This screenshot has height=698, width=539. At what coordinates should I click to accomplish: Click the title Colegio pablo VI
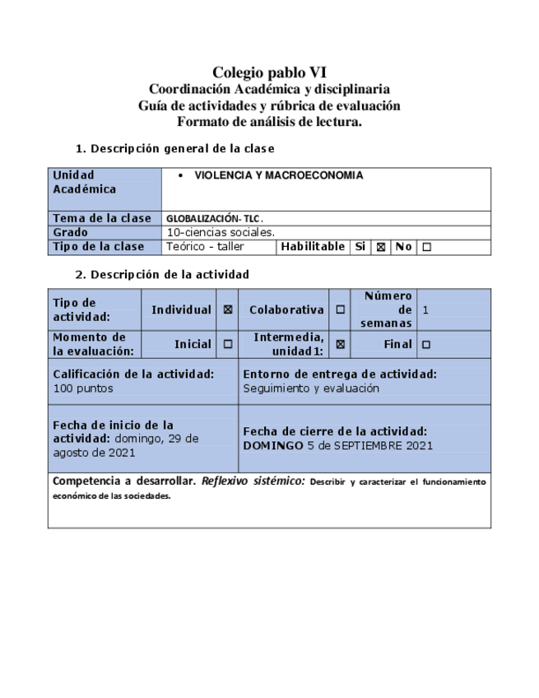(x=269, y=73)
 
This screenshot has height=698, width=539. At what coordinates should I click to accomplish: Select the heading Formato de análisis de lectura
(x=269, y=121)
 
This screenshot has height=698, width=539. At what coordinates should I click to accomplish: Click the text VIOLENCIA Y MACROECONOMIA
(x=278, y=175)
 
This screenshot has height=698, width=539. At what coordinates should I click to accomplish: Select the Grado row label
(x=70, y=232)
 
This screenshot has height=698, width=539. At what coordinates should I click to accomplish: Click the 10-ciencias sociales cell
(x=221, y=232)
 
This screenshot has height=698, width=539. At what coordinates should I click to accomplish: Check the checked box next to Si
(x=381, y=247)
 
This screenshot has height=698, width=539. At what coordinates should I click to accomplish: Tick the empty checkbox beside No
(x=426, y=247)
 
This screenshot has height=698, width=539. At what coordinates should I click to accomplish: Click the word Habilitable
(x=313, y=246)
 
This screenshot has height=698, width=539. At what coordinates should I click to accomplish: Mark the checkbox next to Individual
(x=228, y=310)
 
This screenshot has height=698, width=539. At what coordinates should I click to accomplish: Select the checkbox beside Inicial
(x=228, y=345)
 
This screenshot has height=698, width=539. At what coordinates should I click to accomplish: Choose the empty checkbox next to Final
(x=426, y=345)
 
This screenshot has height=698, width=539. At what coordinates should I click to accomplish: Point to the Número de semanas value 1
(x=425, y=310)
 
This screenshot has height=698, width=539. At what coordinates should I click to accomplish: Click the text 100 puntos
(x=83, y=388)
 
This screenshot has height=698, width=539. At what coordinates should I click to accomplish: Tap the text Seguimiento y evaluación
(x=311, y=388)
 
